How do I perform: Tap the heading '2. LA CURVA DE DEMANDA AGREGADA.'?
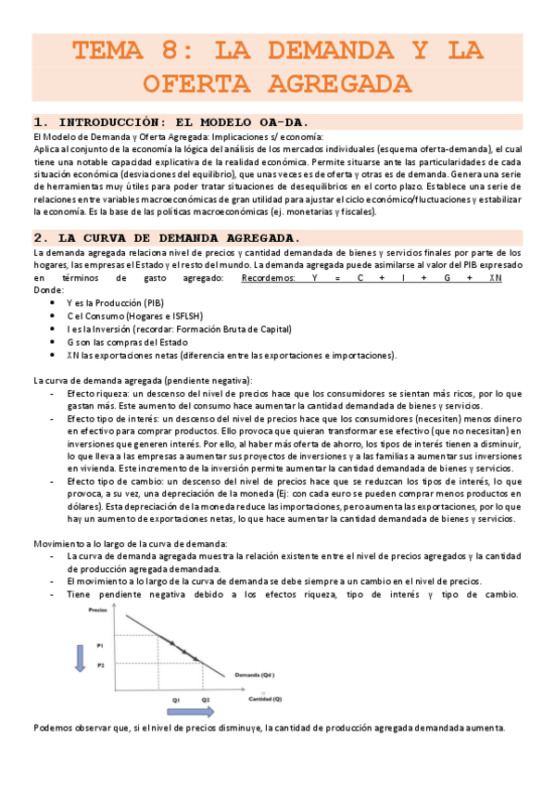click(166, 236)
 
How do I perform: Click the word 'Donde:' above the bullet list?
click(49, 289)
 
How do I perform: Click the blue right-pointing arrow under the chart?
click(191, 712)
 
